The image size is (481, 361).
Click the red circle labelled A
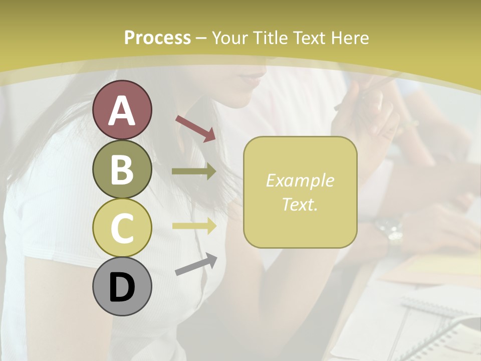[x=122, y=110]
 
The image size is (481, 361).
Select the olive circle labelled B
[x=122, y=169]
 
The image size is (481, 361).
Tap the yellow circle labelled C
[x=122, y=228]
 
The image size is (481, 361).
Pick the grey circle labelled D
[x=122, y=286]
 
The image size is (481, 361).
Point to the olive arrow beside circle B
[x=194, y=171]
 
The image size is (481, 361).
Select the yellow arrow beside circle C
[x=194, y=226]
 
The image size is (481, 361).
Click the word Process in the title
[x=157, y=38]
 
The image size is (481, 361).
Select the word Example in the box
[x=300, y=180]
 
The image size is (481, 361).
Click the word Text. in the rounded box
[x=300, y=204]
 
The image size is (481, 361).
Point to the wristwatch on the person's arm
[x=390, y=229]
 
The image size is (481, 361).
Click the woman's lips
[x=255, y=78]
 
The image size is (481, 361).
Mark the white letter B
[x=122, y=169]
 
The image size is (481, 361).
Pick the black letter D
[x=122, y=287]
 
